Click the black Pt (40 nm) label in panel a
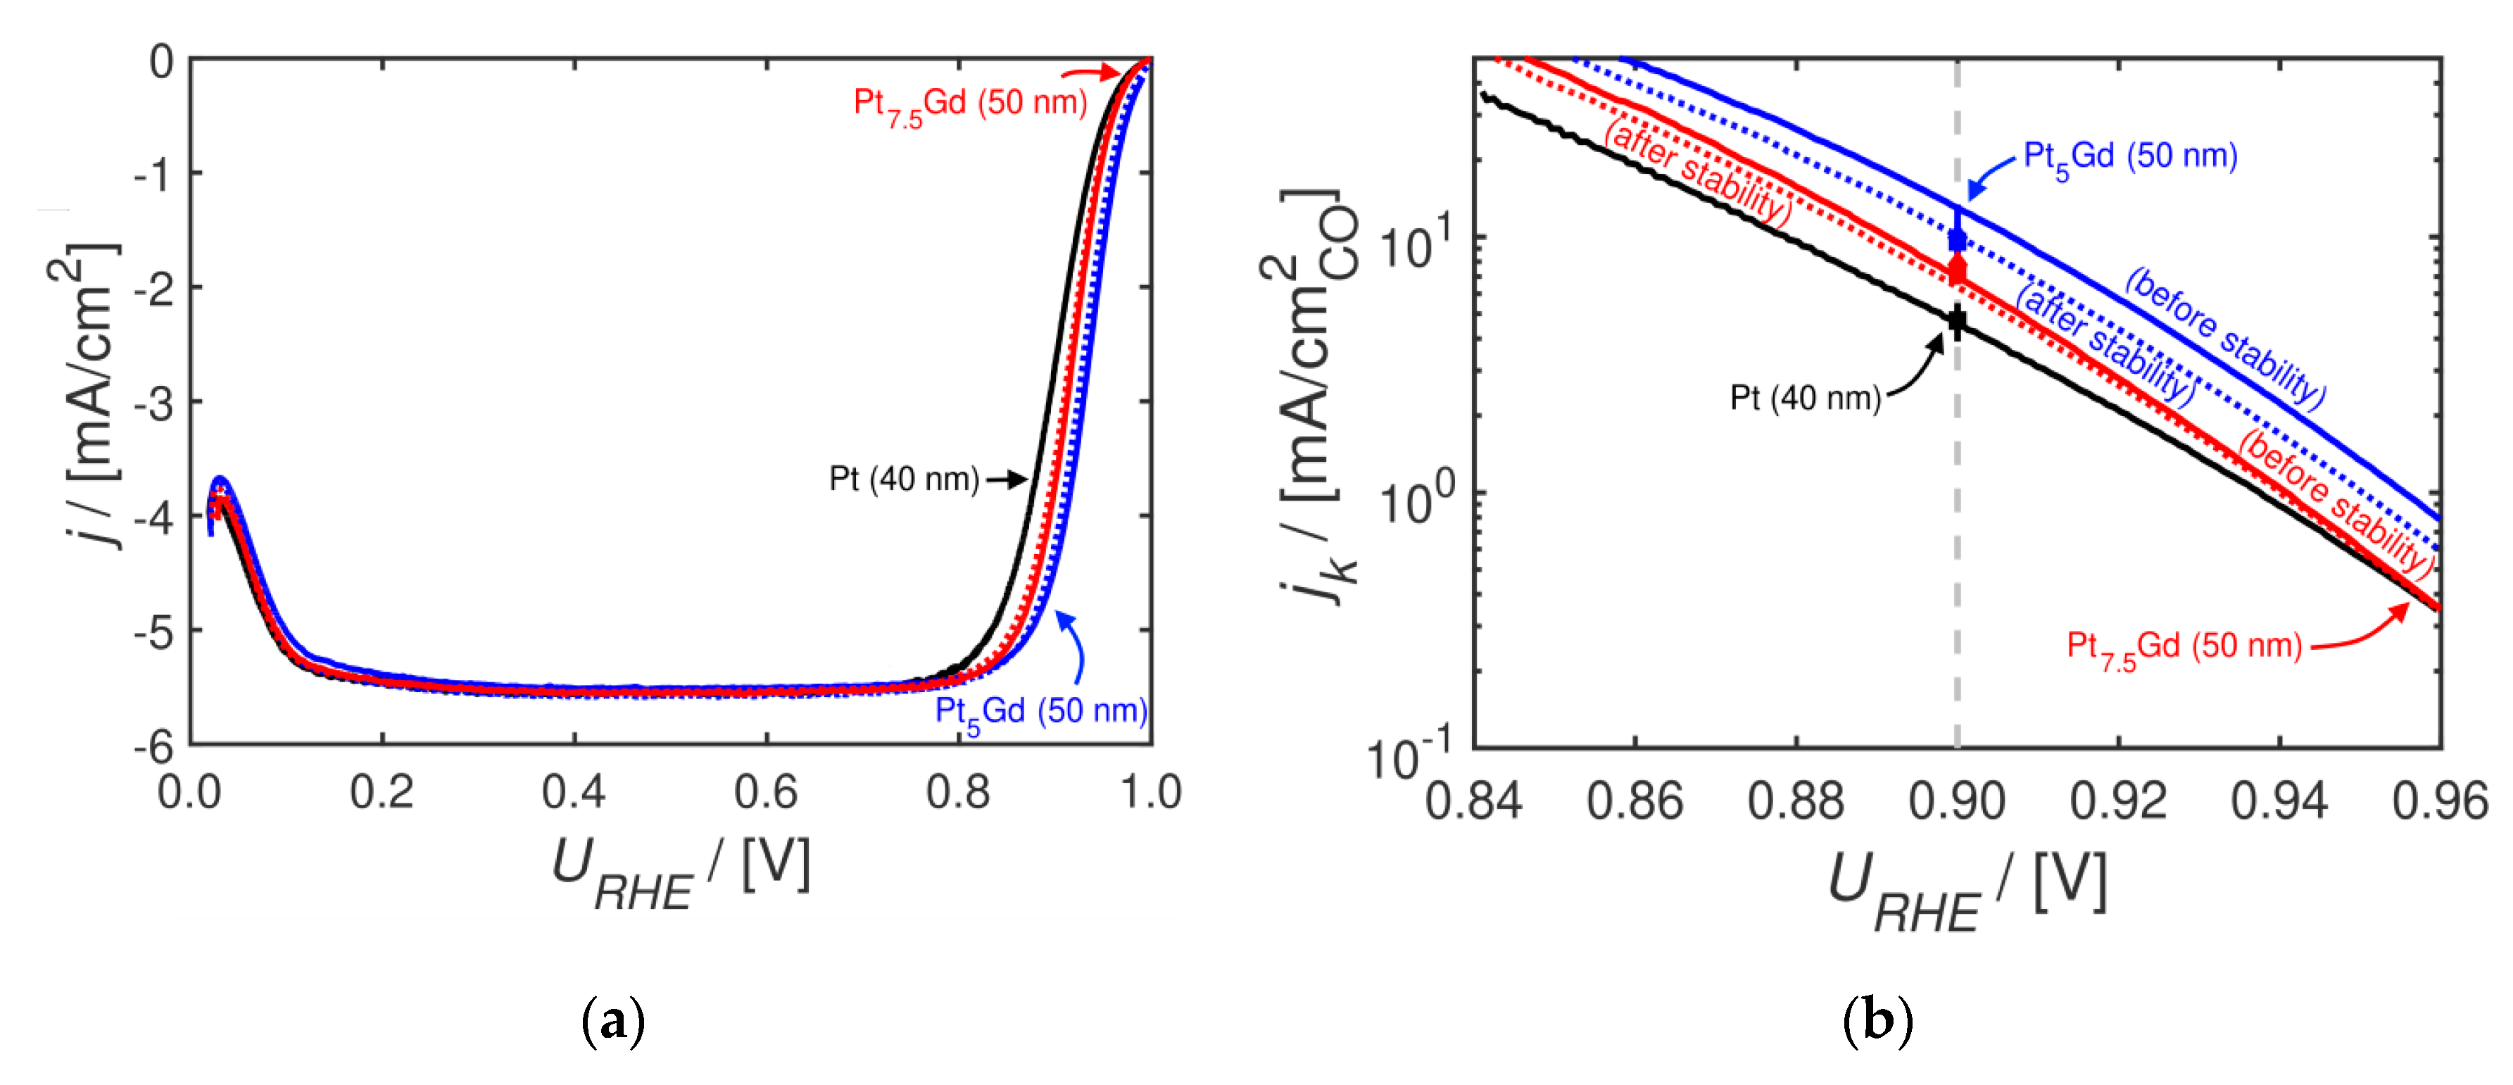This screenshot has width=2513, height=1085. click(903, 479)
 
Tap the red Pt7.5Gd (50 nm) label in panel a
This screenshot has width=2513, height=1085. click(970, 104)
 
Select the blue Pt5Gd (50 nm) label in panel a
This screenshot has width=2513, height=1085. click(1040, 711)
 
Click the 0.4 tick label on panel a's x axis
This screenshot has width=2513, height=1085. click(574, 791)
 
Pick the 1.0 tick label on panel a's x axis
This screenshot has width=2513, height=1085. click(1150, 791)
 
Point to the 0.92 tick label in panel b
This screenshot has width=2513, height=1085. click(2118, 801)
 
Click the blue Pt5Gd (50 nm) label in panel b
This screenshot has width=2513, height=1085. click(2129, 157)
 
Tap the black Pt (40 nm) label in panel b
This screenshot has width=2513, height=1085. click(1805, 398)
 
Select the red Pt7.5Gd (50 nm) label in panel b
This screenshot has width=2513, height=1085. click(2184, 647)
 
